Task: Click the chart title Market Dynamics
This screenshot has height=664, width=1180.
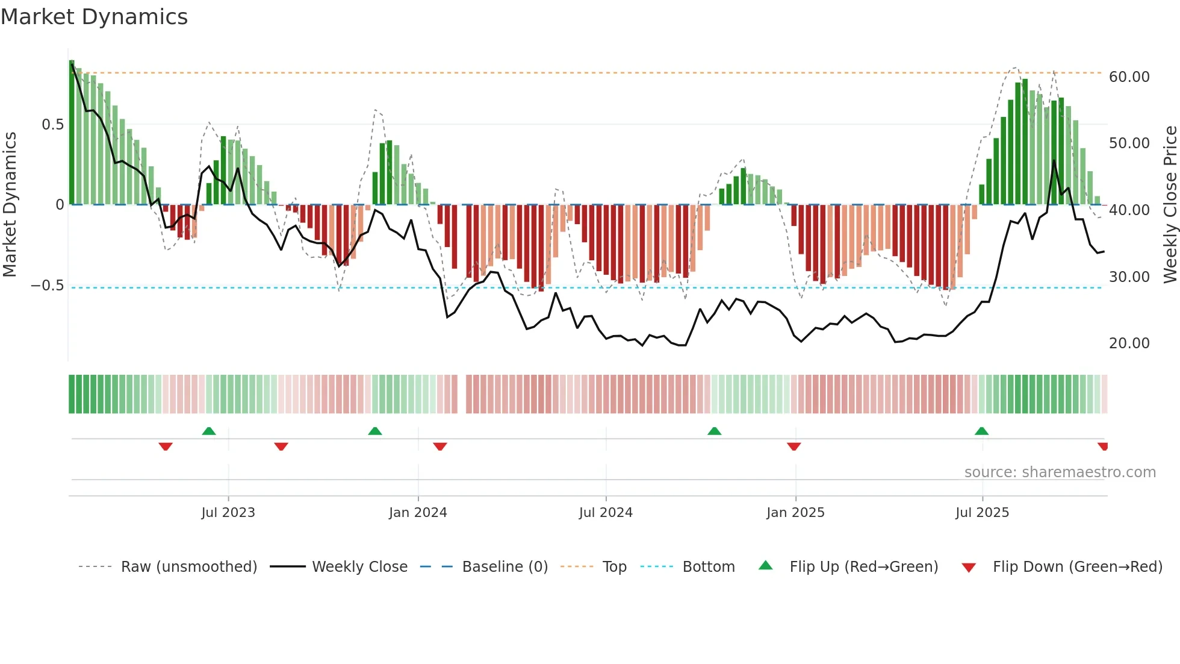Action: (x=94, y=17)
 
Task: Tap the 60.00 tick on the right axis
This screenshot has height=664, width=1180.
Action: (x=1129, y=77)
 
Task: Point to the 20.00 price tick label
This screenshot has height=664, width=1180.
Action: (x=1129, y=343)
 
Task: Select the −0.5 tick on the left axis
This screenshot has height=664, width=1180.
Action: (x=48, y=286)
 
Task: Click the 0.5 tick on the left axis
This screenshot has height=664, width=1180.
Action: (x=52, y=125)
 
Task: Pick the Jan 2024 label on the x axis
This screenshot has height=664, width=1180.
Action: (x=418, y=513)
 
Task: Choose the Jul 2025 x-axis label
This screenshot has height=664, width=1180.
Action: (x=982, y=513)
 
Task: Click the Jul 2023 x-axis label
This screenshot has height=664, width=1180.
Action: (x=228, y=513)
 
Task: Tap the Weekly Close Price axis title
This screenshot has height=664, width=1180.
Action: (x=1170, y=205)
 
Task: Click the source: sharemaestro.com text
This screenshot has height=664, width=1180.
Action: (x=1060, y=472)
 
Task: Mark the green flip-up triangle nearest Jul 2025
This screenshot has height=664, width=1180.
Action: (x=981, y=431)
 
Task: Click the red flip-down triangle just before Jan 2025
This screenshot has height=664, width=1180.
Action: (x=793, y=446)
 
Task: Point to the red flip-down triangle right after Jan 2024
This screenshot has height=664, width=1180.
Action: (x=440, y=446)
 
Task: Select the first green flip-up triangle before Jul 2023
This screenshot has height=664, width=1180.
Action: (x=209, y=431)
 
